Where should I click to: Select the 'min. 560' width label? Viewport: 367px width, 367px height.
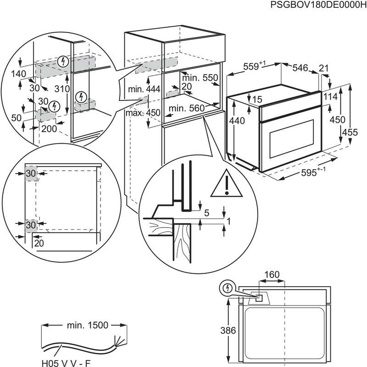pyautogui.click(x=186, y=108)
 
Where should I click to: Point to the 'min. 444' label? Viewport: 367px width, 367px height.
pyautogui.click(x=144, y=89)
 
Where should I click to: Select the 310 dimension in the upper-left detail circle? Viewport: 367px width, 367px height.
pyautogui.click(x=61, y=89)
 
